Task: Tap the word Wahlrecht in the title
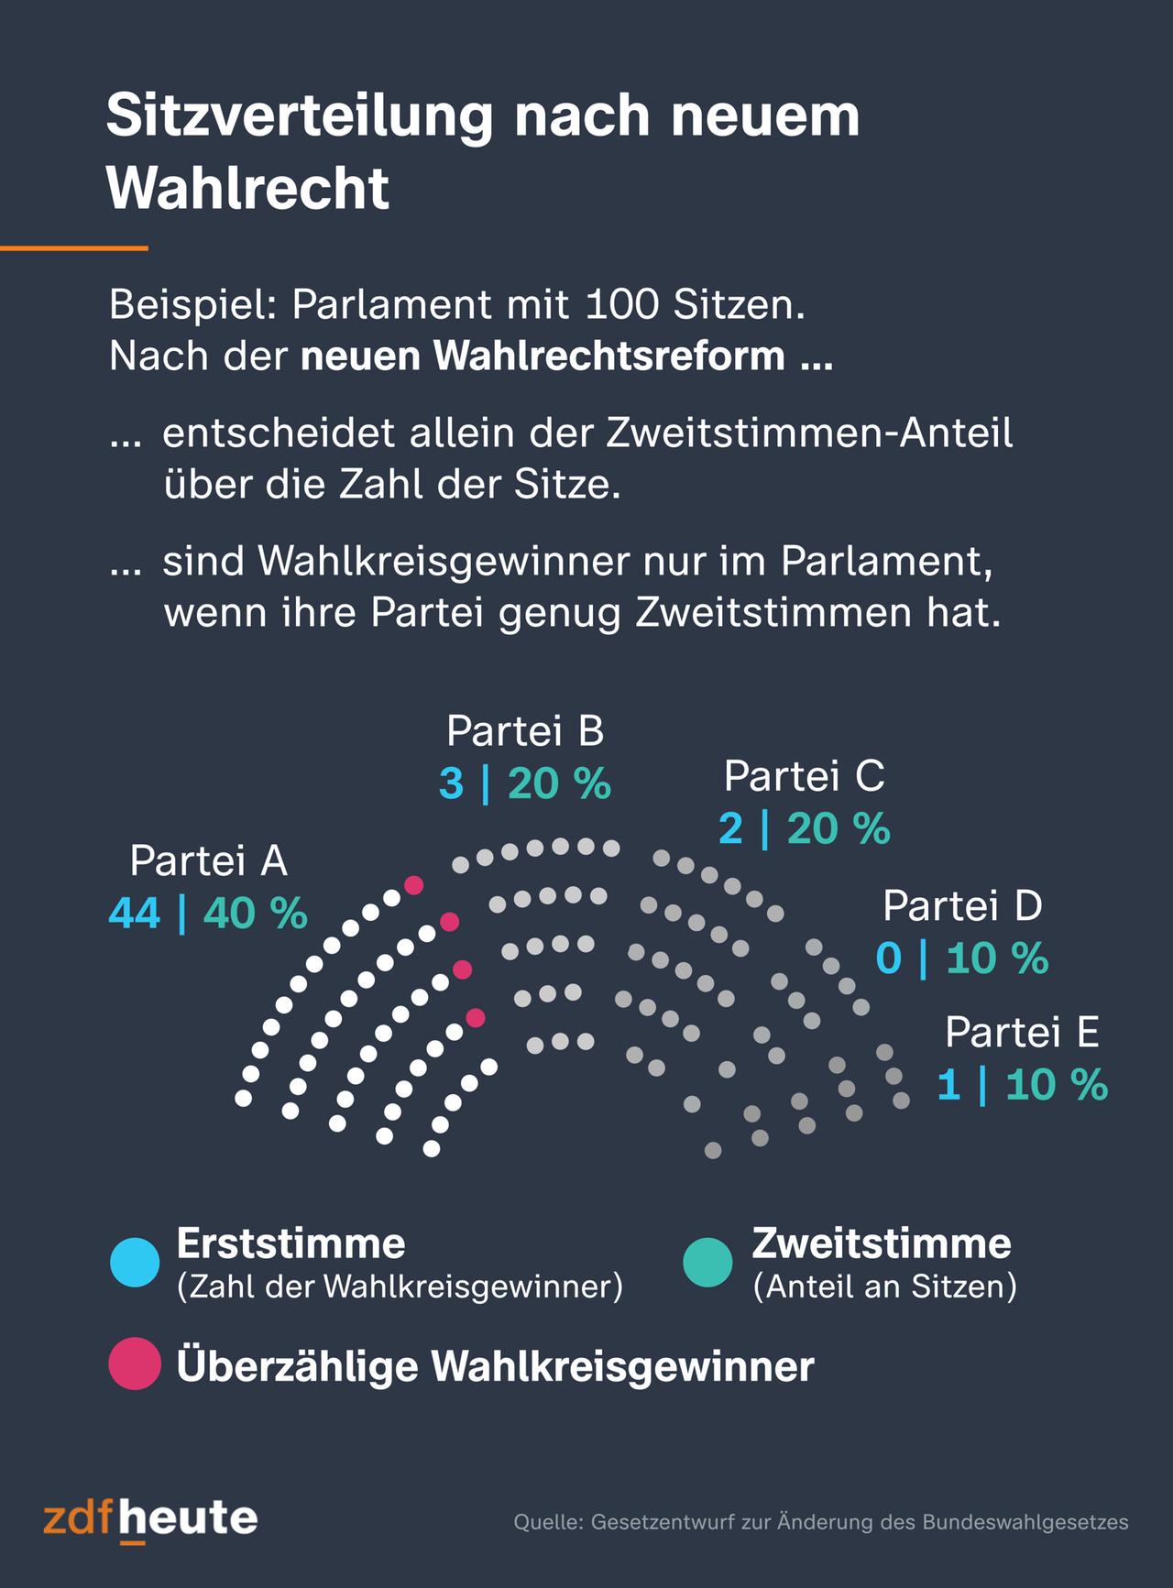pos(248,189)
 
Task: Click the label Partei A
pos(208,860)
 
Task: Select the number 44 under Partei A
pos(135,913)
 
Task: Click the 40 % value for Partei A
pos(256,913)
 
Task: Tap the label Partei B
pos(525,731)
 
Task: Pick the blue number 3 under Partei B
pos(451,784)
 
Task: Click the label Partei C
pos(804,776)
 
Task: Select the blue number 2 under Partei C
pos(730,829)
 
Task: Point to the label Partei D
pos(962,905)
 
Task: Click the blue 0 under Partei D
pos(888,958)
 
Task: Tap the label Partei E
pos(1022,1032)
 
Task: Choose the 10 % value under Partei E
pos(1057,1086)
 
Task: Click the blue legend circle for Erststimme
pos(135,1262)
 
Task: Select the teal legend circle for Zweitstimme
pos(708,1262)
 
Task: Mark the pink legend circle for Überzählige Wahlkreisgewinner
pos(135,1364)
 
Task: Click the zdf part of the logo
pos(80,1518)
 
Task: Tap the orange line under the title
pos(73,247)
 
